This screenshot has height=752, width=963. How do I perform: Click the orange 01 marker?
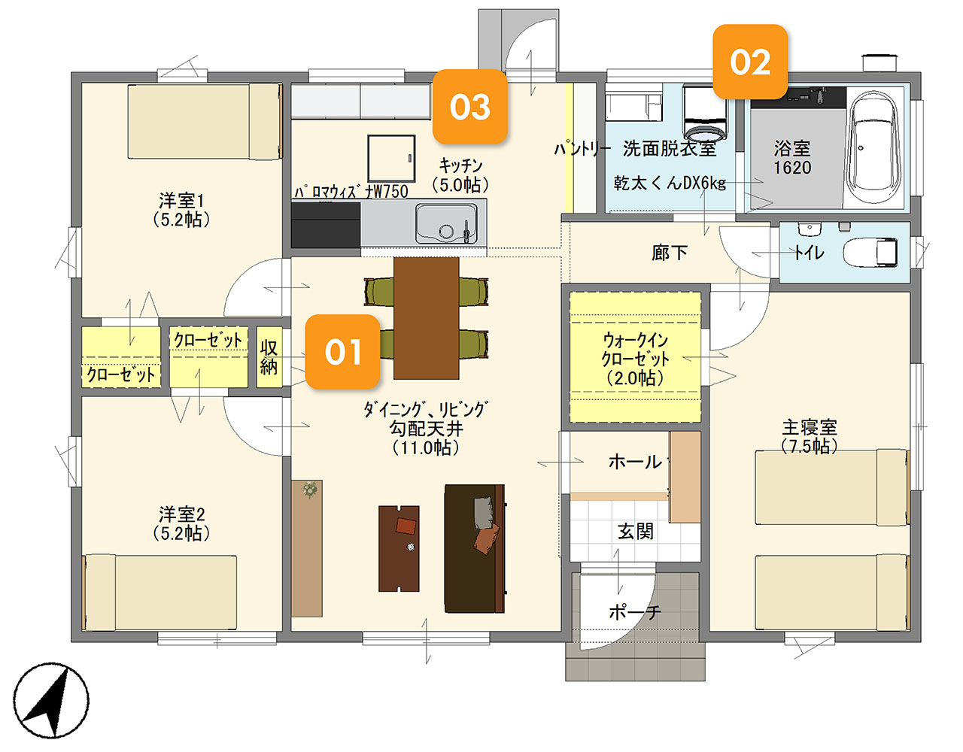342,352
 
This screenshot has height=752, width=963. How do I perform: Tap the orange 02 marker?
750,62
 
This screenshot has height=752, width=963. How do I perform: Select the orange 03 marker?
469,107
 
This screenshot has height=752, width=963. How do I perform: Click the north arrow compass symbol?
51,700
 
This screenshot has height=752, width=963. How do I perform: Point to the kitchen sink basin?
446,223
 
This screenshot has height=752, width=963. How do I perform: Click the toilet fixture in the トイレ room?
870,253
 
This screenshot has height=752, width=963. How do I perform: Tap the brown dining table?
426,318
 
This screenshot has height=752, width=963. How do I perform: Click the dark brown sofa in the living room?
475,549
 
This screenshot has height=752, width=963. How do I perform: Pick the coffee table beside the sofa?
399,549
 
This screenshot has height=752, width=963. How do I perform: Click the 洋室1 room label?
181,211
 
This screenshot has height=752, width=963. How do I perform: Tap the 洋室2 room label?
181,524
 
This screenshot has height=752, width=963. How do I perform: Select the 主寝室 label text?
810,427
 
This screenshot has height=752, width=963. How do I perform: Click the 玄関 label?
636,531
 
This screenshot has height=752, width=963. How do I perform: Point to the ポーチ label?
635,612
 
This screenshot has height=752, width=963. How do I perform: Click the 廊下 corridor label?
669,253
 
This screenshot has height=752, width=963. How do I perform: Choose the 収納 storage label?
269,357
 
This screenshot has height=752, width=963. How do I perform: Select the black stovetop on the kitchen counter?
325,225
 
